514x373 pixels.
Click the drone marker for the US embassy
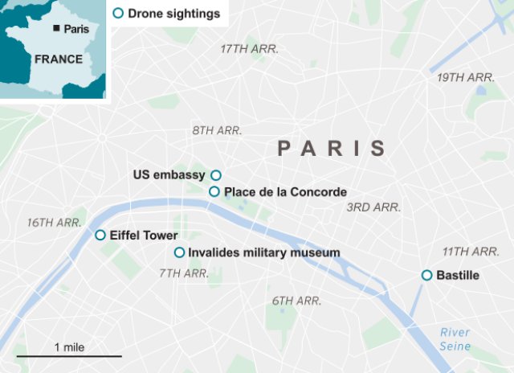[x=215, y=175]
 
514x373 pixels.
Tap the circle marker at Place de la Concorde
[x=214, y=191]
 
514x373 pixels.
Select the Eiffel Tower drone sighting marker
[x=100, y=236]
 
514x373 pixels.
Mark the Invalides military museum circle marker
[x=180, y=252]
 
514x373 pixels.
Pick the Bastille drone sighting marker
[x=427, y=276]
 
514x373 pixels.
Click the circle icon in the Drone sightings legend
[x=119, y=13]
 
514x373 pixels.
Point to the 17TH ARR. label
[x=249, y=49]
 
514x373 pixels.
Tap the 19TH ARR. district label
[x=465, y=77]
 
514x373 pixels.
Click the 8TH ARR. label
[x=217, y=130]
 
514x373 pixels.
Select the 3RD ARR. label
[x=373, y=207]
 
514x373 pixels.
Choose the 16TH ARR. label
[x=55, y=222]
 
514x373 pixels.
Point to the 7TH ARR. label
[x=184, y=273]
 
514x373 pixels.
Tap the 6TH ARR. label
[x=296, y=301]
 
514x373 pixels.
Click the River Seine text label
[x=455, y=339]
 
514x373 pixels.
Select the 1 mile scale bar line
[x=69, y=355]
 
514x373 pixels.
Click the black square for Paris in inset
[x=56, y=29]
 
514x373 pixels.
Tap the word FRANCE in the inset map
[x=58, y=59]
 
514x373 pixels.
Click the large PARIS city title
[x=332, y=148]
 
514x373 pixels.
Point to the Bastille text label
[x=458, y=276]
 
